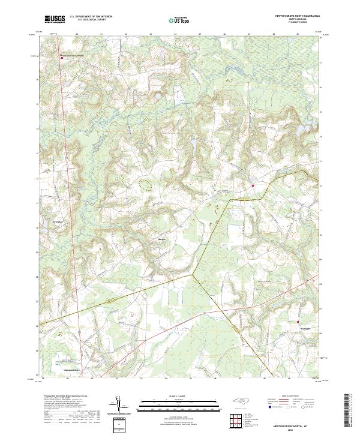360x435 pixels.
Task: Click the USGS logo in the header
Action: pyautogui.click(x=55, y=20)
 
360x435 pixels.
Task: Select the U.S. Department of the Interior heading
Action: pyautogui.click(x=90, y=16)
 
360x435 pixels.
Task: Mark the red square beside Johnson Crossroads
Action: pyautogui.click(x=61, y=58)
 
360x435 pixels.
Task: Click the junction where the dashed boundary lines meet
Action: pyautogui.click(x=192, y=275)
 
